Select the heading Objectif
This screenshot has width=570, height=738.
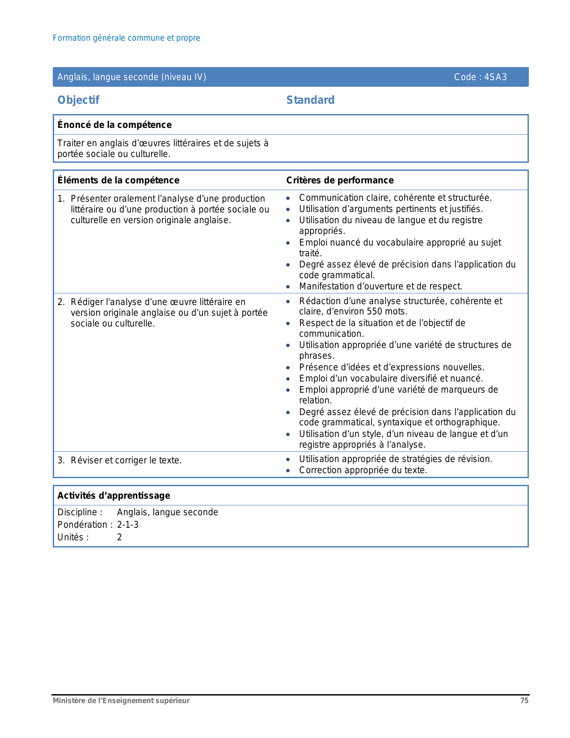78,100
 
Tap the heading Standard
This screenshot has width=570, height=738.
310,100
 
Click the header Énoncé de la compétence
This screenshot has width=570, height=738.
114,125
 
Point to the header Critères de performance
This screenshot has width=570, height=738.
340,180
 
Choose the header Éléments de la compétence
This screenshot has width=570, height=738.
118,180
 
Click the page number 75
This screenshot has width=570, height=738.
524,701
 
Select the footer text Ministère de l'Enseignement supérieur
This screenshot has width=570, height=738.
121,701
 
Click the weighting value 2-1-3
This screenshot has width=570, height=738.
128,525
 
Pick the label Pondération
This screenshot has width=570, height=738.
82,525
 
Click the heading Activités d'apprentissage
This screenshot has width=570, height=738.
114,496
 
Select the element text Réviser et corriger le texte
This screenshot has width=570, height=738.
126,460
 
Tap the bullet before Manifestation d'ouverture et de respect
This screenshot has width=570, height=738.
289,287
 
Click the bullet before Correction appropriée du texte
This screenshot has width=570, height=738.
289,471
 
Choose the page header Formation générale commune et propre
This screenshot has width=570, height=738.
127,38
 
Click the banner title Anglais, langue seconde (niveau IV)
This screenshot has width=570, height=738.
132,77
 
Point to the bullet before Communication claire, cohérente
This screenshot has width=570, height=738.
289,198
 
